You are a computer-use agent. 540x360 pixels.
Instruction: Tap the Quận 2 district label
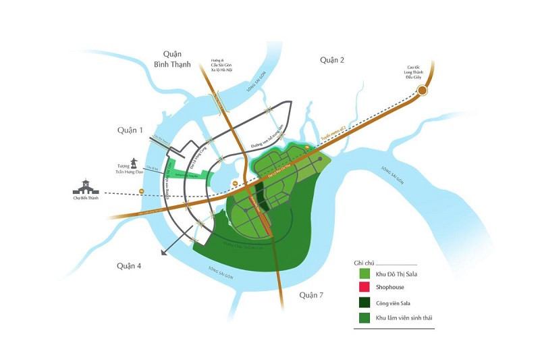tap(332, 60)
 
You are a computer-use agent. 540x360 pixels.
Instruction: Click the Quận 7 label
tap(313, 295)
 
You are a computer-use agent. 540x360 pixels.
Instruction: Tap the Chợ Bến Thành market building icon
tap(86, 187)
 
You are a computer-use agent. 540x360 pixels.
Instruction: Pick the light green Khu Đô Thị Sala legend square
tap(364, 274)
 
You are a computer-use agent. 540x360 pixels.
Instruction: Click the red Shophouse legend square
tap(364, 287)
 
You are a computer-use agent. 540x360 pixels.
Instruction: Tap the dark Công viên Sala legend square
tap(364, 301)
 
